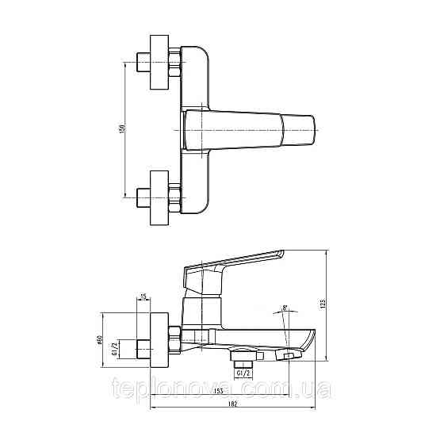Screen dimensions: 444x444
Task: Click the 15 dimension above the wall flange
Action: [144, 297]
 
